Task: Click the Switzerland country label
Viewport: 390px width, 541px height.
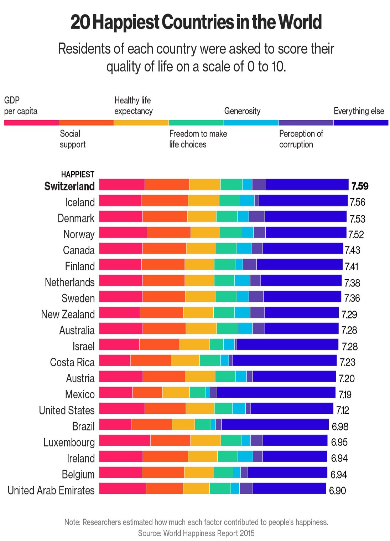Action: (69, 186)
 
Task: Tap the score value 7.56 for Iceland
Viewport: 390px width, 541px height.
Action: (357, 202)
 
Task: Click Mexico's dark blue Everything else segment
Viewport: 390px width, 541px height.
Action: (276, 393)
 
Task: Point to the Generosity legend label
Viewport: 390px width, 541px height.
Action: (242, 111)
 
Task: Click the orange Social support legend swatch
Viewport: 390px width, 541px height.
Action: (86, 123)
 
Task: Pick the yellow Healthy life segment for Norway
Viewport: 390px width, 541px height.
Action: (205, 233)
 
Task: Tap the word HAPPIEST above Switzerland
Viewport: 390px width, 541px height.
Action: (78, 174)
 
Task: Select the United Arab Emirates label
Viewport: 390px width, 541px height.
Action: (51, 490)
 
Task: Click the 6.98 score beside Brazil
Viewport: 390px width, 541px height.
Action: (340, 426)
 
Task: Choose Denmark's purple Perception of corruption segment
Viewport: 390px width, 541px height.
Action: (256, 216)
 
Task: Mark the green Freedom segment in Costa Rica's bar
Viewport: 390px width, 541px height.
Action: (210, 361)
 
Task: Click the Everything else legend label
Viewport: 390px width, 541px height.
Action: (359, 111)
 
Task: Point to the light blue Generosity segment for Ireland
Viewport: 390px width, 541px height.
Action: (245, 456)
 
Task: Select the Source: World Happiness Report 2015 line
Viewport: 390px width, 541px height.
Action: (196, 533)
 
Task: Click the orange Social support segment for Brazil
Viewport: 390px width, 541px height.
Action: (151, 424)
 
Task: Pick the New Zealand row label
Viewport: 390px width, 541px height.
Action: (68, 314)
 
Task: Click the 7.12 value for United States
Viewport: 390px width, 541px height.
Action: (343, 410)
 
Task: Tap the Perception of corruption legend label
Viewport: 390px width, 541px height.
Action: (301, 139)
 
